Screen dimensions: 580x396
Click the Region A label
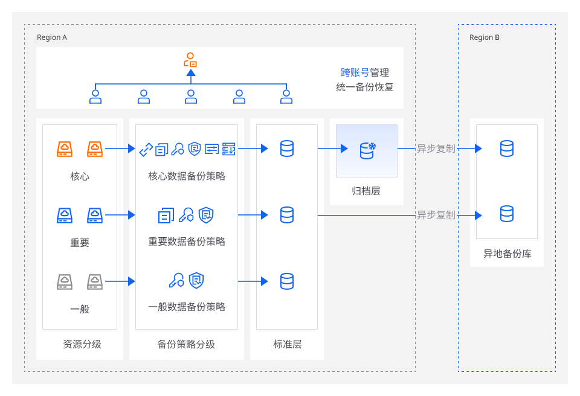point(52,37)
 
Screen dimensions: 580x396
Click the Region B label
point(484,37)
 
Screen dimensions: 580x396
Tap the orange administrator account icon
point(190,60)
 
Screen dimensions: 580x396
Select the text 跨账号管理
point(365,72)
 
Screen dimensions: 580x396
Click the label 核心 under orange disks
point(80,176)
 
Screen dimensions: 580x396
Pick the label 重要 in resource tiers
point(80,243)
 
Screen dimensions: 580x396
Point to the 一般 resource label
point(80,308)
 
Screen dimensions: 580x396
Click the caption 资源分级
point(82,344)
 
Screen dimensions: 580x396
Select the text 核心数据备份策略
point(187,176)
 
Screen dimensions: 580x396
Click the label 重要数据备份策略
point(187,241)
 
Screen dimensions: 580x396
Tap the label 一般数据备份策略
point(187,307)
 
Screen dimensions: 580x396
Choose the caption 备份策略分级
point(186,344)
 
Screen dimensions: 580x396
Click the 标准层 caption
point(288,344)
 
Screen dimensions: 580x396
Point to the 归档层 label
point(366,191)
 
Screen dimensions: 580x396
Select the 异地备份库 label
point(507,254)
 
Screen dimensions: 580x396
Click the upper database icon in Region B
point(507,148)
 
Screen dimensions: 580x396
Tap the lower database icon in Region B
point(507,214)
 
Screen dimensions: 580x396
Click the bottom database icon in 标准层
point(287,281)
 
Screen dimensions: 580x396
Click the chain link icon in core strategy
point(146,149)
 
